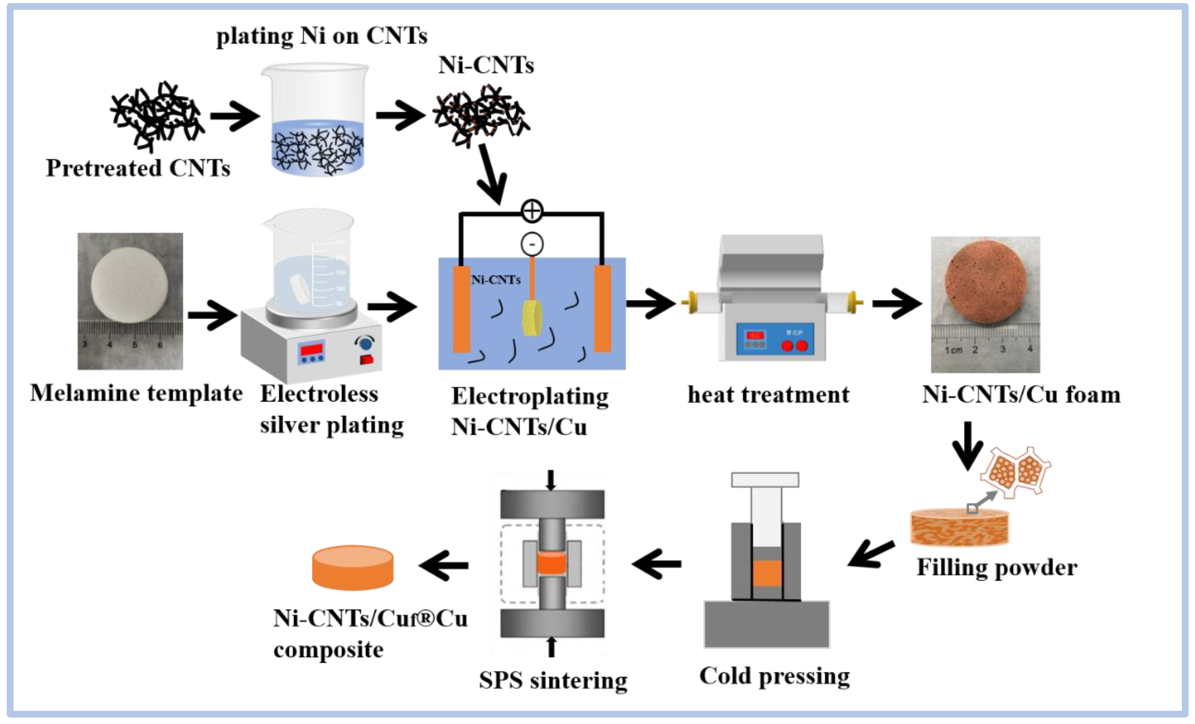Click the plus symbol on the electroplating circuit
532,211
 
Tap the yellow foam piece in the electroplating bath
532,318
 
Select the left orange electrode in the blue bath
461,309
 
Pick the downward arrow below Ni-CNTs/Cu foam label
968,445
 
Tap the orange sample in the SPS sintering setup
552,564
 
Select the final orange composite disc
352,568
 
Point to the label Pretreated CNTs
138,168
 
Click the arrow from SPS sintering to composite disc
444,565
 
